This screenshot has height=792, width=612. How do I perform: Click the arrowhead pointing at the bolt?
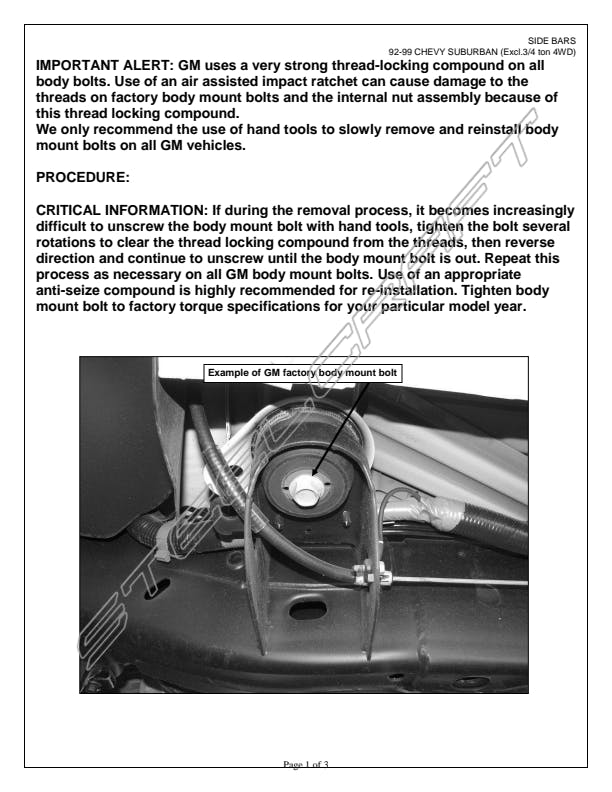[313, 474]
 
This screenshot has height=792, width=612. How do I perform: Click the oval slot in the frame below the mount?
[308, 609]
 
